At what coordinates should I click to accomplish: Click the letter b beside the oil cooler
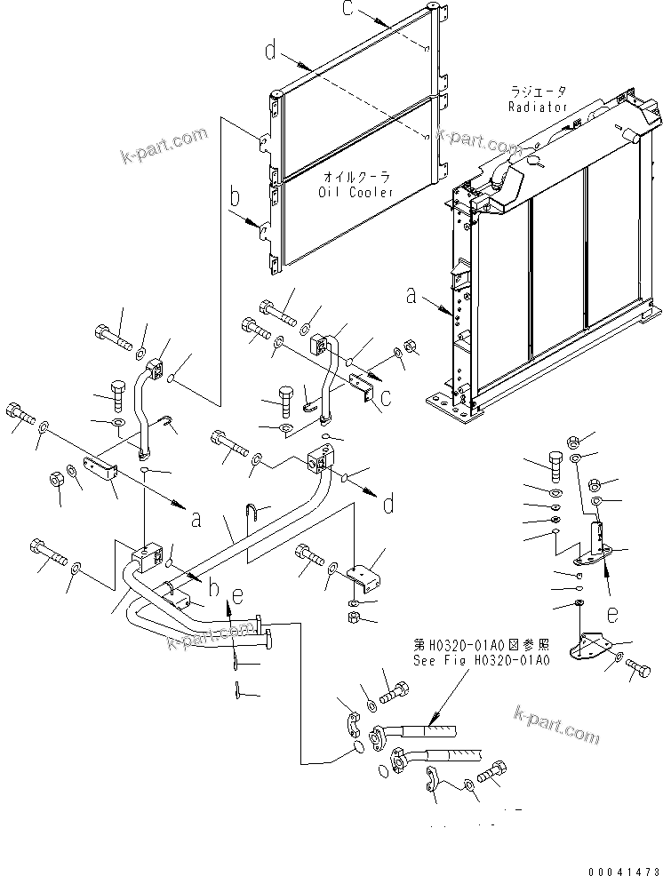point(236,196)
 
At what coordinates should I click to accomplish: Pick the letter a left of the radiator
point(411,296)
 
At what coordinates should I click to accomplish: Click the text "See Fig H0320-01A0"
point(482,660)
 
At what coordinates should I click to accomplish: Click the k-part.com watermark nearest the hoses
point(556,723)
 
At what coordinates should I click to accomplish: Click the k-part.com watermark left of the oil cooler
point(164,146)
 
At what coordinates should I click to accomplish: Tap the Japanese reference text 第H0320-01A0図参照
point(481,645)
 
